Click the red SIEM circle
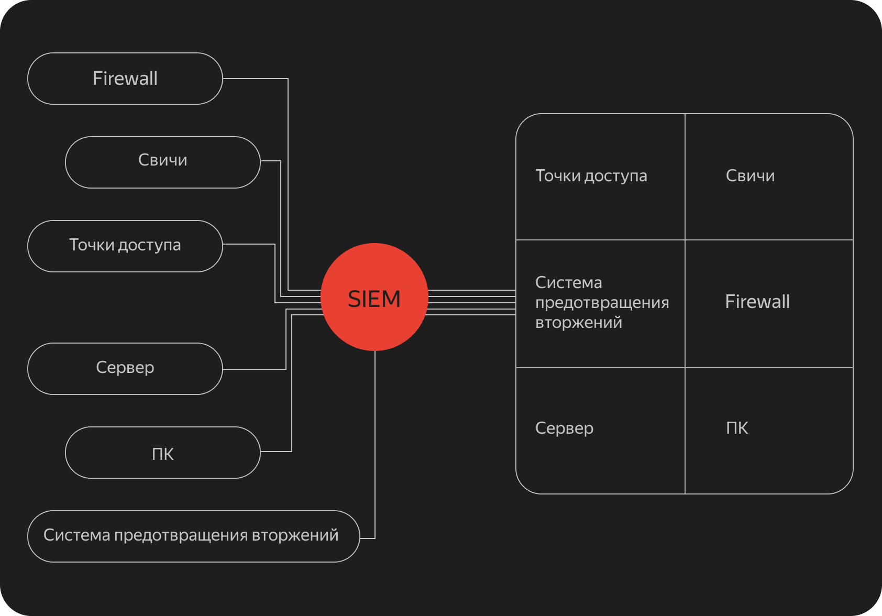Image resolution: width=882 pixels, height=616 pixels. tap(374, 297)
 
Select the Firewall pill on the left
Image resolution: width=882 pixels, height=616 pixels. tap(125, 79)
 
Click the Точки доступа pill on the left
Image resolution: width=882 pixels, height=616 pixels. tap(125, 246)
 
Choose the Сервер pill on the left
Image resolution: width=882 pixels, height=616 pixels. tap(125, 368)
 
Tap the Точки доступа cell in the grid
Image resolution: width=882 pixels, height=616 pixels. tap(600, 177)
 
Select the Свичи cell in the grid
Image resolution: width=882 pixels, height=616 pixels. tap(769, 177)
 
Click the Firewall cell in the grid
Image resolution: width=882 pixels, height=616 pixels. tap(769, 303)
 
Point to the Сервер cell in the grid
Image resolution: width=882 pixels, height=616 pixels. tap(600, 430)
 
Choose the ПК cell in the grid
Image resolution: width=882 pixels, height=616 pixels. tap(769, 430)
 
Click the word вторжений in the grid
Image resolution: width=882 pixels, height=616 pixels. tap(579, 323)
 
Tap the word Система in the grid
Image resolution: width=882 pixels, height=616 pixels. tap(569, 283)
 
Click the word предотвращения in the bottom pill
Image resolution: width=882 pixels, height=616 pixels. tap(182, 535)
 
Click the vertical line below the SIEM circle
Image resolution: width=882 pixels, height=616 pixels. tap(375, 445)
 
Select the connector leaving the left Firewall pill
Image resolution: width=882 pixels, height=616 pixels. tap(288, 157)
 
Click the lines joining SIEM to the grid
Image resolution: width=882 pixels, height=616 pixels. tap(471, 302)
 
